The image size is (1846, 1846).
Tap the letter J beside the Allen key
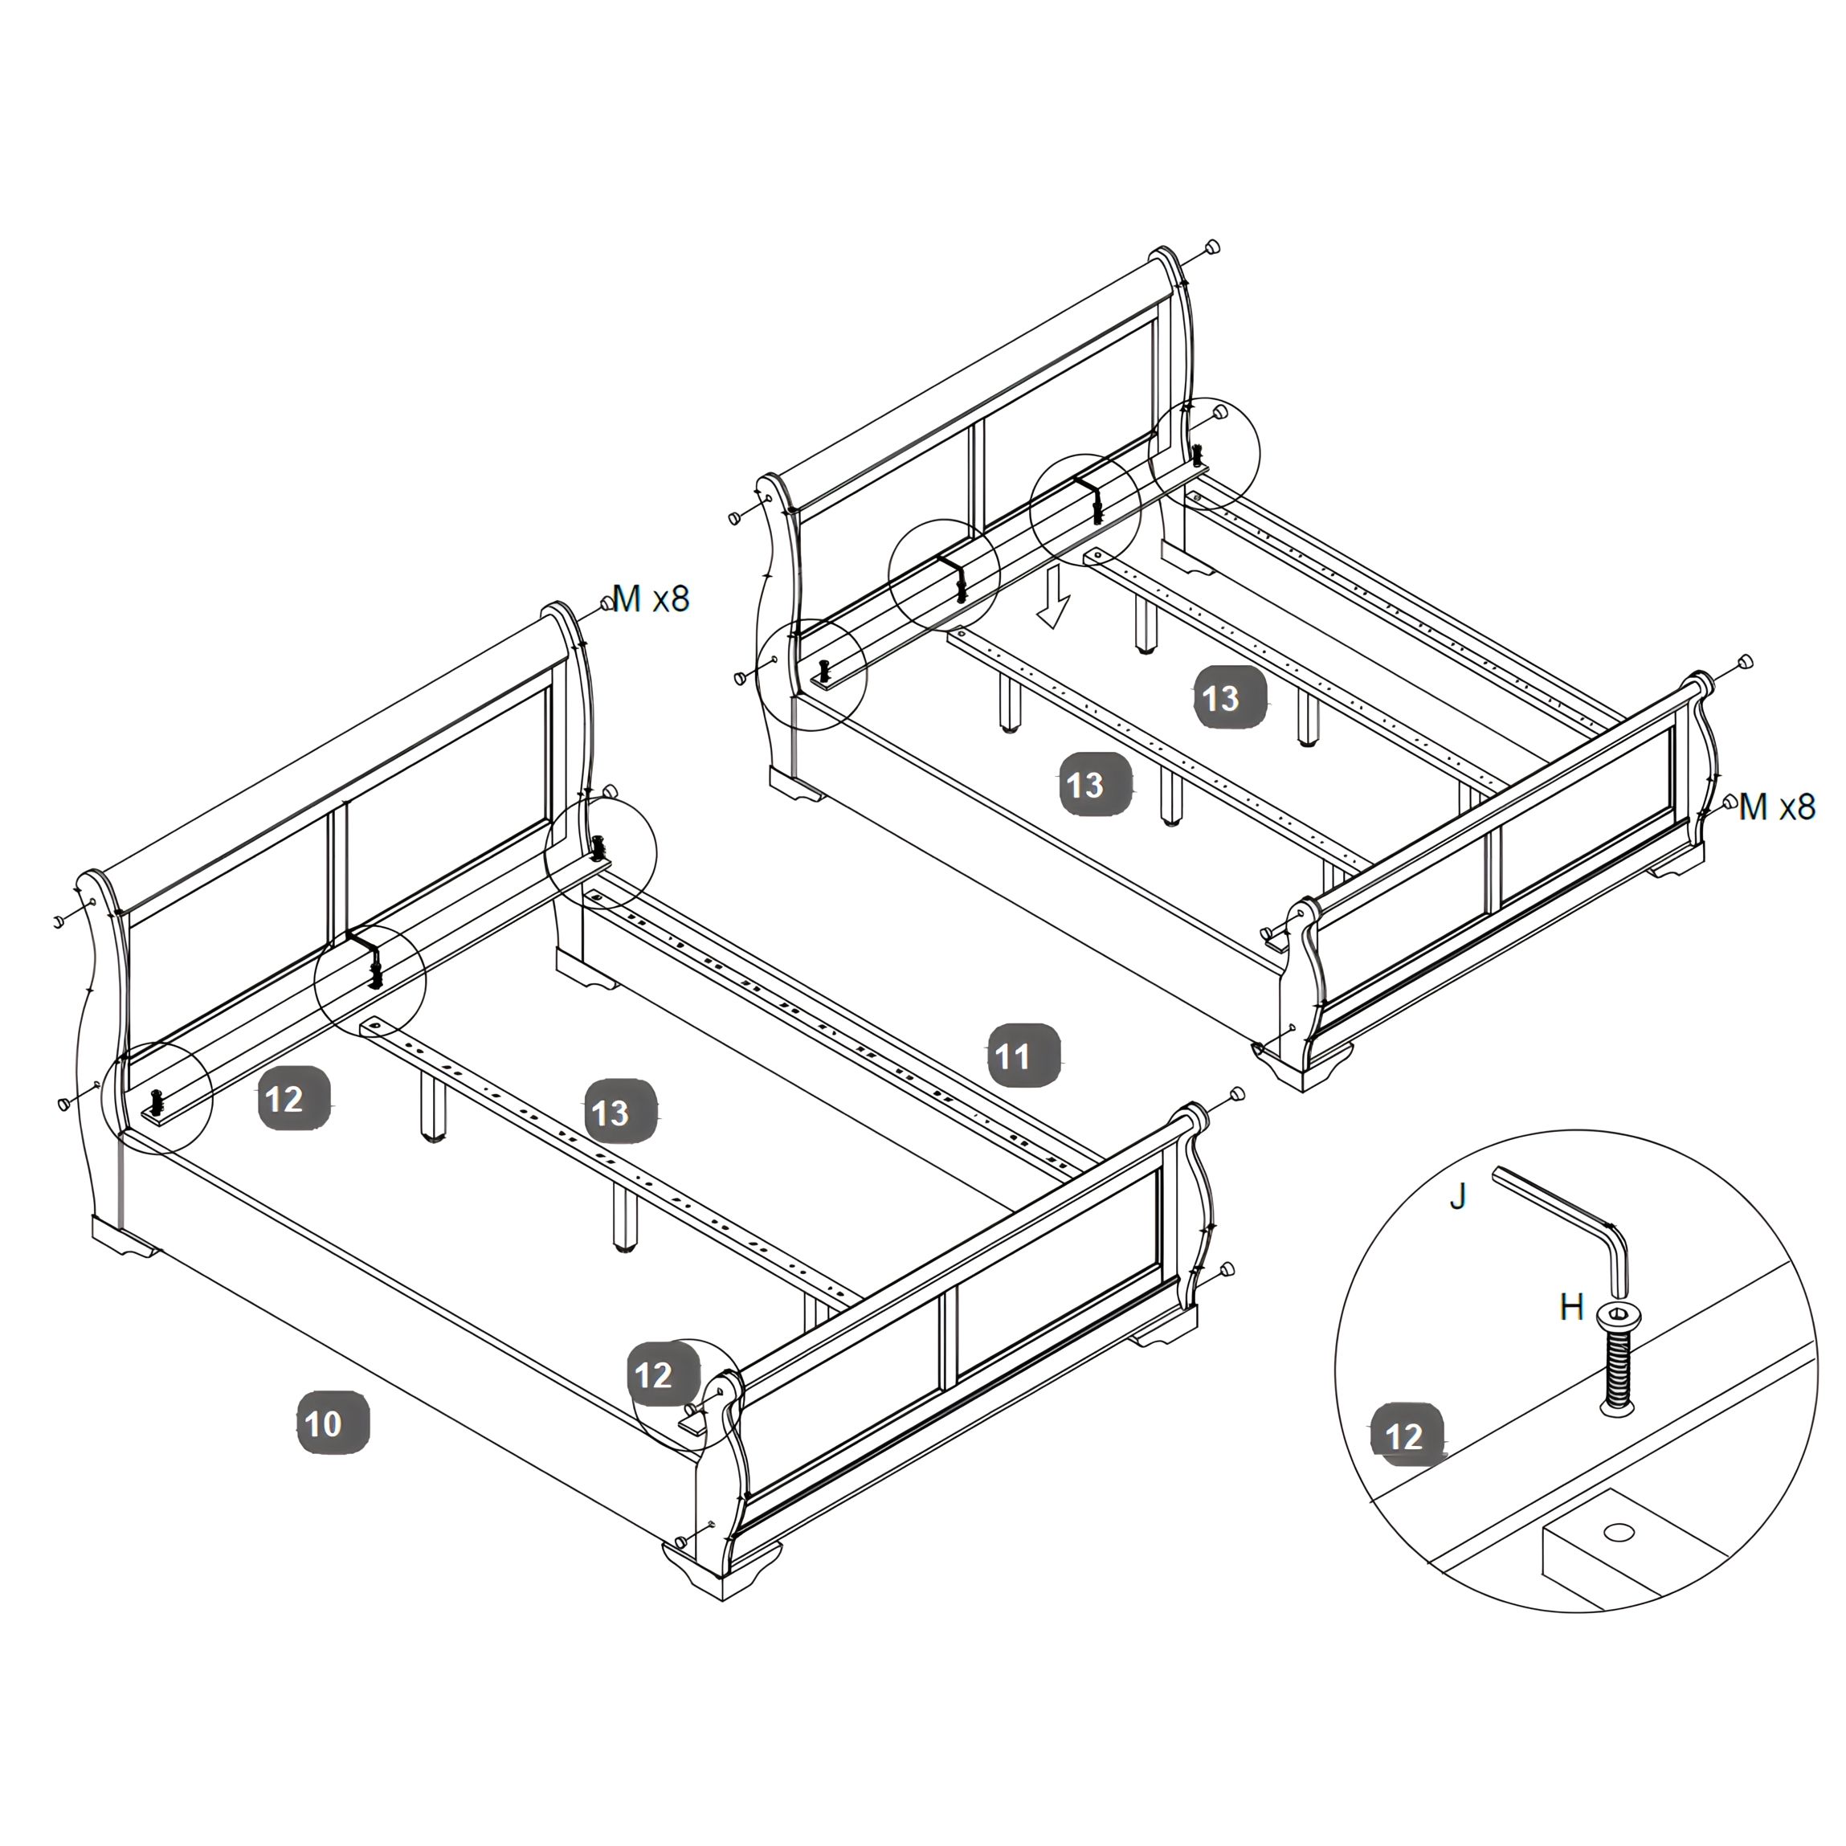tap(1458, 1196)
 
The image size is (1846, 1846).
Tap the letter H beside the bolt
tap(1572, 1307)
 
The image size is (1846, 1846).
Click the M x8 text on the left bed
tap(651, 599)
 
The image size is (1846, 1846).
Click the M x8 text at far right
tap(1777, 807)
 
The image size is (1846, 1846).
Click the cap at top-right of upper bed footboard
tap(1746, 661)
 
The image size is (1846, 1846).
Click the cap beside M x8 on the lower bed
tap(607, 603)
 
